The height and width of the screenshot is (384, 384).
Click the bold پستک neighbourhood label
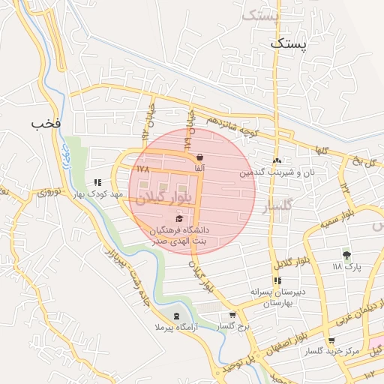pos(288,44)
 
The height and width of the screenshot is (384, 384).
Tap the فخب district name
pos(46,121)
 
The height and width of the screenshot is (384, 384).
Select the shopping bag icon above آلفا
pos(199,158)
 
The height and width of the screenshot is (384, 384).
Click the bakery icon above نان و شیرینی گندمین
pos(277,160)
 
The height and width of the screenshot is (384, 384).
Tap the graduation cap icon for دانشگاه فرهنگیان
pos(178,217)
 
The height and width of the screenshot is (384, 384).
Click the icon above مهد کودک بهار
pos(97,182)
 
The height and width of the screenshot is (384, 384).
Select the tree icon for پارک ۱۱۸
pos(346,255)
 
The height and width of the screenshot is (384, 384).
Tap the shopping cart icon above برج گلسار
pos(232,315)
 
